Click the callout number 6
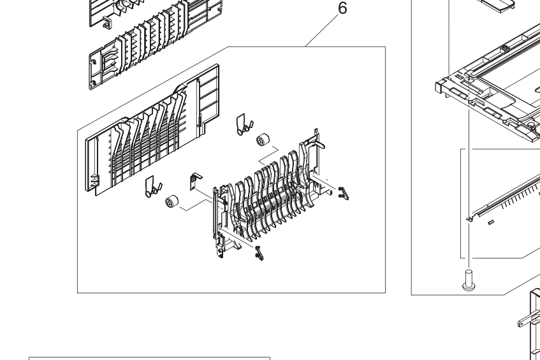(342, 8)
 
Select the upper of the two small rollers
(263, 140)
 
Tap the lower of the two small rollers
(172, 201)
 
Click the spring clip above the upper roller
(244, 125)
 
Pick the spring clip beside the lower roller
(153, 187)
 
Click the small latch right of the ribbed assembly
(344, 193)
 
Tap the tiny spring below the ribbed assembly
(259, 254)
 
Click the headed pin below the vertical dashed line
(469, 280)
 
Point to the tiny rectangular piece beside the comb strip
(491, 222)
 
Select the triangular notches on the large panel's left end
(94, 182)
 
